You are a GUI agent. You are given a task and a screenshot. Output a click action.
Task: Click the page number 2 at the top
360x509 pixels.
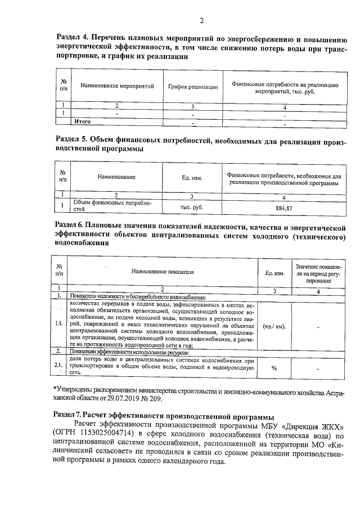pyautogui.click(x=201, y=21)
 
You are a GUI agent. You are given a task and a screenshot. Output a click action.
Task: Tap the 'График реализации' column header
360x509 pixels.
pyautogui.click(x=193, y=87)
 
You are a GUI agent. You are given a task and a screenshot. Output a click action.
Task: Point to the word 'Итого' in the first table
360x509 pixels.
pyautogui.click(x=83, y=121)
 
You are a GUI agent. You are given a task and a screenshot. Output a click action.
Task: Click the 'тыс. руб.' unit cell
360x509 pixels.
pyautogui.click(x=192, y=207)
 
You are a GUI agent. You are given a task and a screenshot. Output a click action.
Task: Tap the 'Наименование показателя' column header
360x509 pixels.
pyautogui.click(x=163, y=272)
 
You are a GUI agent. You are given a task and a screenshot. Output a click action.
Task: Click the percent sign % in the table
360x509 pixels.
pyautogui.click(x=274, y=368)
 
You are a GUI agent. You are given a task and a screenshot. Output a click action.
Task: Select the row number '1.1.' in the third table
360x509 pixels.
pyautogui.click(x=58, y=325)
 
